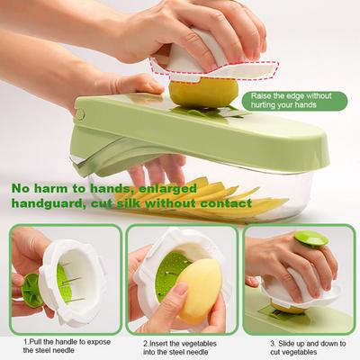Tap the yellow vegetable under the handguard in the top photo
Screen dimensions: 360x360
pyautogui.click(x=203, y=92)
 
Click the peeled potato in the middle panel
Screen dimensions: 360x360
pyautogui.click(x=201, y=290)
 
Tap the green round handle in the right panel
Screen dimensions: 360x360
pyautogui.click(x=311, y=240)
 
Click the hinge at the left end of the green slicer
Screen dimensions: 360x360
pyautogui.click(x=80, y=115)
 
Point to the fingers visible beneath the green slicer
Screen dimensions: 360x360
pyautogui.click(x=149, y=171)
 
